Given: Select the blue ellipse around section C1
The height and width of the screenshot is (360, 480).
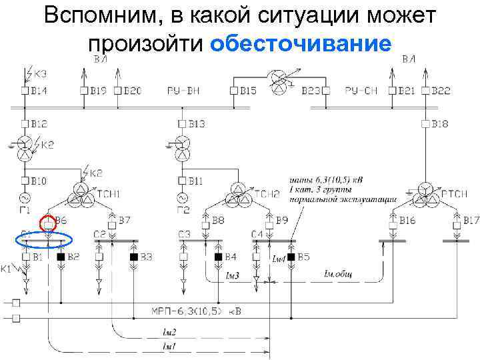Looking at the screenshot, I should (x=44, y=239).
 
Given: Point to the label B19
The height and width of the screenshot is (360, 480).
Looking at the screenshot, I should (x=98, y=90).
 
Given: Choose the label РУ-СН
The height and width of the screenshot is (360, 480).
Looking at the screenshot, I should (x=362, y=90).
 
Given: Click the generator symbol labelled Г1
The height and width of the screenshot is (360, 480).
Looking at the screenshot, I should (x=28, y=198).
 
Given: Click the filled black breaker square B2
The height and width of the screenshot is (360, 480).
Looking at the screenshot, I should (x=61, y=257).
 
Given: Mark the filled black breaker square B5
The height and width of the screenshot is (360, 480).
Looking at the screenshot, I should (x=291, y=257).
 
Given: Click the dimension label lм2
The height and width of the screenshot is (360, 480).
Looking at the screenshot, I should (x=169, y=331).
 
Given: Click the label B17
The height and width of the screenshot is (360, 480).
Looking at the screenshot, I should (x=471, y=219).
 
